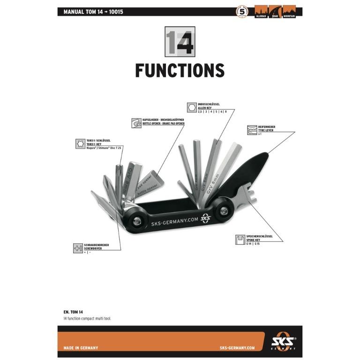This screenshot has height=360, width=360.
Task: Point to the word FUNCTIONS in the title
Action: coord(180,70)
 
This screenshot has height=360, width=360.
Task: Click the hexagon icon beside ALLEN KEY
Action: coord(191,107)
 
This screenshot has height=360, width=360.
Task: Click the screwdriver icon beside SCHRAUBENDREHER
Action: coord(78,248)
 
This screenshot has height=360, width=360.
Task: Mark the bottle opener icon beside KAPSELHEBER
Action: coord(135,122)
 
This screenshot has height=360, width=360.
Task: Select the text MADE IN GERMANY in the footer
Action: coord(81,348)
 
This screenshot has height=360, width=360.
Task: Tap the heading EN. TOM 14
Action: coord(73,311)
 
